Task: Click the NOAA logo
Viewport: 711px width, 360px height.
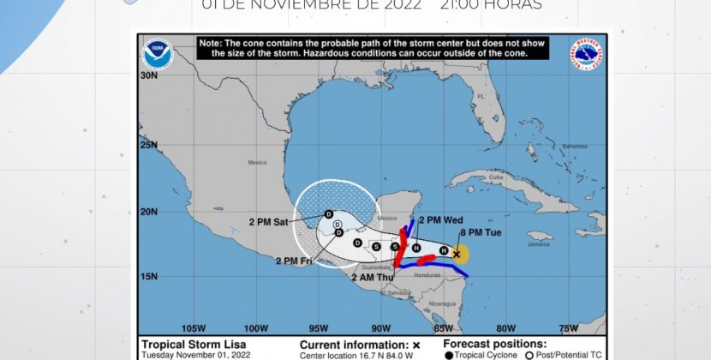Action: [158, 55]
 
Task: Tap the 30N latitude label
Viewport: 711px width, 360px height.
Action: [151, 75]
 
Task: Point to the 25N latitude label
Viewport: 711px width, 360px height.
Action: [151, 145]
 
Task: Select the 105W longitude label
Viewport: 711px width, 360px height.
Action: [194, 327]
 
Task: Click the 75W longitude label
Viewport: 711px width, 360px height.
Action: [567, 327]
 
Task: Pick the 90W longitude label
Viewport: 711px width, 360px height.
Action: [381, 327]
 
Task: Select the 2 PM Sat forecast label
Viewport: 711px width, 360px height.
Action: [268, 222]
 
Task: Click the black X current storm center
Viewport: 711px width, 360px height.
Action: [457, 254]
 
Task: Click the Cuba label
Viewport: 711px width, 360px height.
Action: [493, 177]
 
